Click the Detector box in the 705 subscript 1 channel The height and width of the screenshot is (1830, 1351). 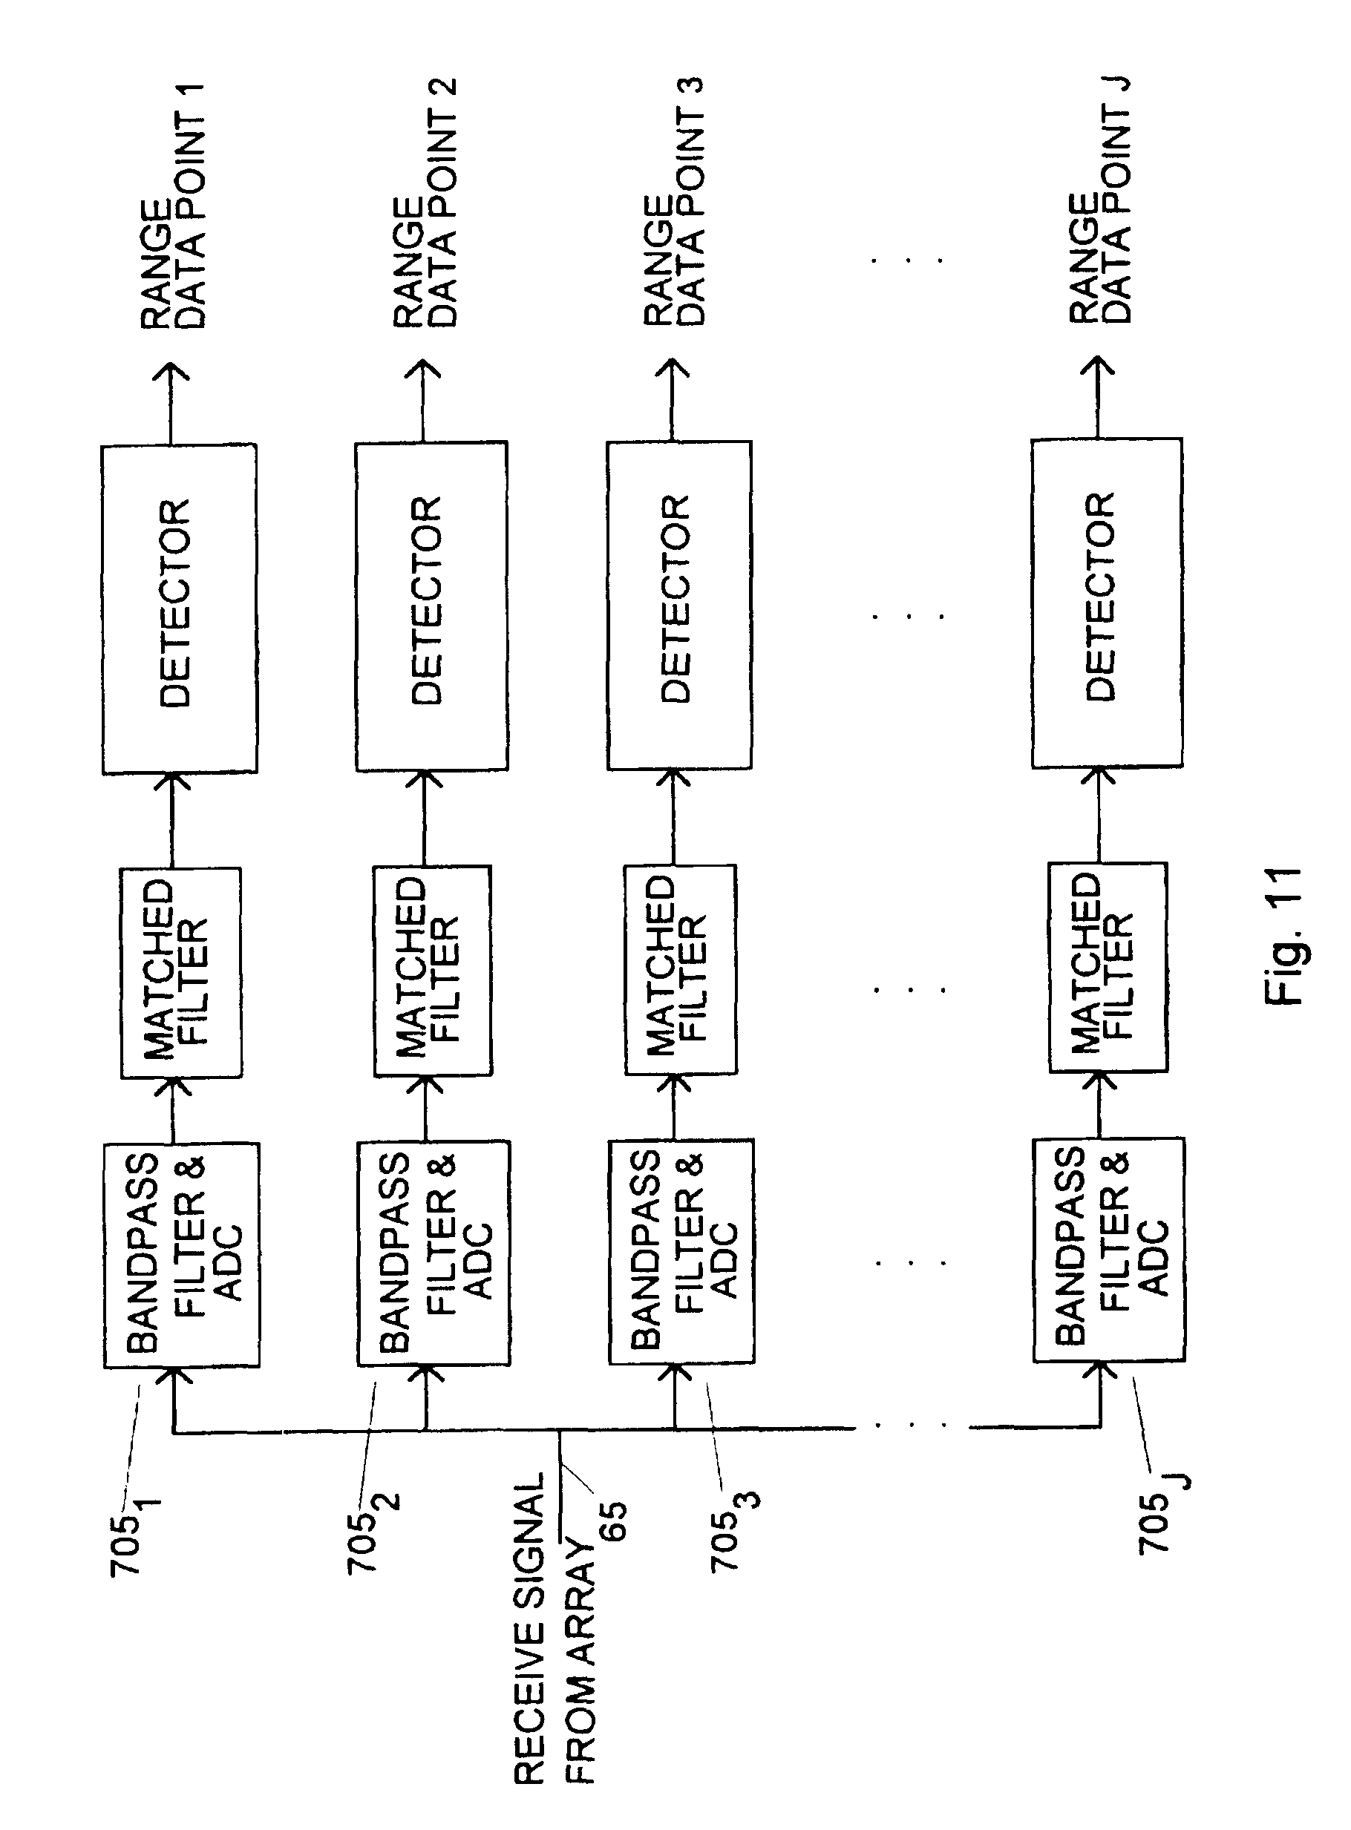(179, 608)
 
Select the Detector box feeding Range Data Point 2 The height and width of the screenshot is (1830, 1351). (431, 605)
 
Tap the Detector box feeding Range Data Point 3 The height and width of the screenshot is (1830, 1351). (678, 604)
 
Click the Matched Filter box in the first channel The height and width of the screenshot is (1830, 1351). (180, 972)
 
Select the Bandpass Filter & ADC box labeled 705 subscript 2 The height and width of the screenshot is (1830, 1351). (434, 1252)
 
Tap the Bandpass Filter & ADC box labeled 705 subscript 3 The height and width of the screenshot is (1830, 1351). (681, 1250)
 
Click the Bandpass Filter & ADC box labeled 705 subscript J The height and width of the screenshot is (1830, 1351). (1108, 1248)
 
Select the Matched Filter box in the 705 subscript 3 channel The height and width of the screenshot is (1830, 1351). (680, 968)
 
